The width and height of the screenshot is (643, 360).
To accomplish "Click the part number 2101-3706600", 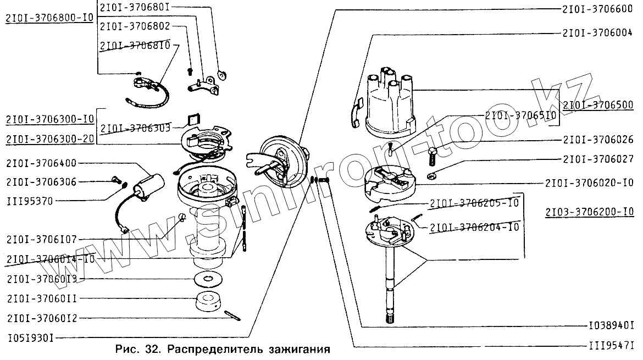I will click(x=598, y=10).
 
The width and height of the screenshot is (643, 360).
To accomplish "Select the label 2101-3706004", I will click(x=598, y=33).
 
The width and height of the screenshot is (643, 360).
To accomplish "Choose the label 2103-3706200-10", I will click(x=590, y=212).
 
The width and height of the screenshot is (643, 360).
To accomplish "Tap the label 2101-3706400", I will click(x=42, y=163).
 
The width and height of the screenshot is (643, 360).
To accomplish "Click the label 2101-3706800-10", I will click(x=49, y=17).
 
